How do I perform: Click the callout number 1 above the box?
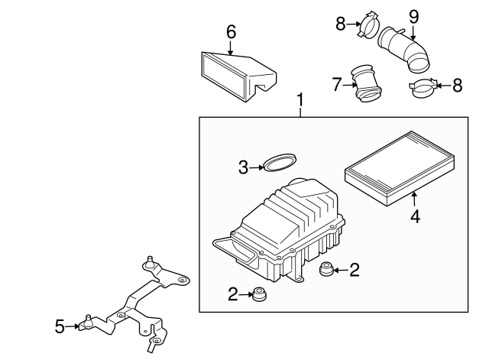point(300,100)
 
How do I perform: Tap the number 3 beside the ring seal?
point(243,167)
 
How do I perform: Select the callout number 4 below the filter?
point(416,216)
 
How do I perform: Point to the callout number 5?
point(60,326)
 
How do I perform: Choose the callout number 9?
point(413,15)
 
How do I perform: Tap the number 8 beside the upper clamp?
point(341,24)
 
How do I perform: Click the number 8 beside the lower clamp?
point(457,85)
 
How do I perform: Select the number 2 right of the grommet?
point(354,268)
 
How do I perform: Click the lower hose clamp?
point(422,90)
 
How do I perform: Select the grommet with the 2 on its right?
point(326,269)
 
